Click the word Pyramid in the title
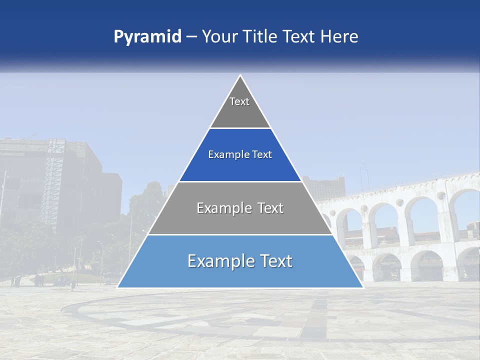(147, 37)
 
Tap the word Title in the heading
(259, 36)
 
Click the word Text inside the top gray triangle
(239, 101)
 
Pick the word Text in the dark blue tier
(262, 155)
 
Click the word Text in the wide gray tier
(270, 208)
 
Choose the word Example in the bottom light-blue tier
(218, 261)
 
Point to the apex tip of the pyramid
(240, 76)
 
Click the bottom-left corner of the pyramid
(118, 287)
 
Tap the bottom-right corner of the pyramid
(362, 287)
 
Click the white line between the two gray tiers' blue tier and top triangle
(240, 128)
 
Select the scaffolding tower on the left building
(54, 175)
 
